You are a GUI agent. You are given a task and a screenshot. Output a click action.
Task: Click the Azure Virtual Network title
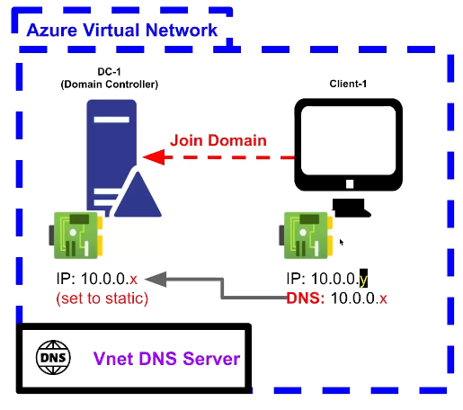click(121, 30)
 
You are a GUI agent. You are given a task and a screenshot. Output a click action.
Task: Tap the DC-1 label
click(109, 72)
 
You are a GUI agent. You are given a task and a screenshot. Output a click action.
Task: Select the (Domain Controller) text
click(110, 85)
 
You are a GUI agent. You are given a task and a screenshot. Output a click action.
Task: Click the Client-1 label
click(348, 84)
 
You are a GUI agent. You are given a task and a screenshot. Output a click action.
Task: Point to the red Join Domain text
click(218, 140)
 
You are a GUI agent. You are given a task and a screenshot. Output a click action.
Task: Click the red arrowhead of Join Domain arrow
click(154, 156)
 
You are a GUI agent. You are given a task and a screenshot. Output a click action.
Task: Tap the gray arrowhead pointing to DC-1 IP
click(156, 279)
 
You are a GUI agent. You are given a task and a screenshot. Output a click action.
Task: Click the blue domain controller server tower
click(111, 156)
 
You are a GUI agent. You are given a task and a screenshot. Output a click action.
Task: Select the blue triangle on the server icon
click(138, 195)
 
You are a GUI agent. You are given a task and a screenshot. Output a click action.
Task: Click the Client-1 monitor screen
click(348, 140)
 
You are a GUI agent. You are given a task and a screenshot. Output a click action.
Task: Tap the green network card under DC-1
click(76, 236)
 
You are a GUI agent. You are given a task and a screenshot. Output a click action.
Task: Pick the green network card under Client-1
click(307, 236)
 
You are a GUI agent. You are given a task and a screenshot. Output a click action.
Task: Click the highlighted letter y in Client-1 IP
click(363, 279)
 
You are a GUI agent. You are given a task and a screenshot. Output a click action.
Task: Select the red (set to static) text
click(102, 299)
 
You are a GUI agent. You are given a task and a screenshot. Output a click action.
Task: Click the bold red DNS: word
click(306, 299)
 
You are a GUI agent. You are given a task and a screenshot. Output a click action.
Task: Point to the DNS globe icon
click(53, 357)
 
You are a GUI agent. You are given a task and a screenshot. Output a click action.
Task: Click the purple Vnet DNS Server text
click(166, 359)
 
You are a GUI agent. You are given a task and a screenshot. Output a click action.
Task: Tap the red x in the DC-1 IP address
click(134, 280)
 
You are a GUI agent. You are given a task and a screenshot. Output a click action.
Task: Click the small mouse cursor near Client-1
click(342, 242)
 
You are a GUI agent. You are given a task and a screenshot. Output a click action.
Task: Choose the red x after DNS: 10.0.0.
click(383, 299)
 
